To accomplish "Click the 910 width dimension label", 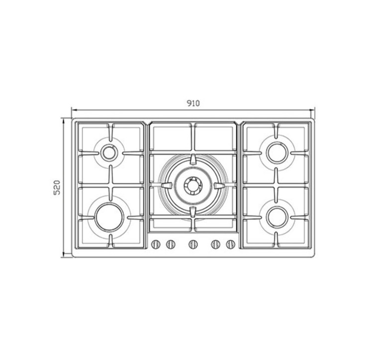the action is pyautogui.click(x=193, y=104).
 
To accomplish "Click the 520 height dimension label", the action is pyautogui.click(x=57, y=188).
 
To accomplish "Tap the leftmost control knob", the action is pyautogui.click(x=156, y=244).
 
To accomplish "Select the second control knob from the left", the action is pyautogui.click(x=171, y=244).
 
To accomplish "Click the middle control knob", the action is pyautogui.click(x=193, y=244).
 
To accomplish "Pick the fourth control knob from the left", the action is pyautogui.click(x=215, y=244).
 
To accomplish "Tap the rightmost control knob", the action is pyautogui.click(x=230, y=244).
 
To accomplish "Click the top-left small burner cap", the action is pyautogui.click(x=109, y=153).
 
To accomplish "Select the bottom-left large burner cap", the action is pyautogui.click(x=109, y=217).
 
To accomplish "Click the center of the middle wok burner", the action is pyautogui.click(x=193, y=185).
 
